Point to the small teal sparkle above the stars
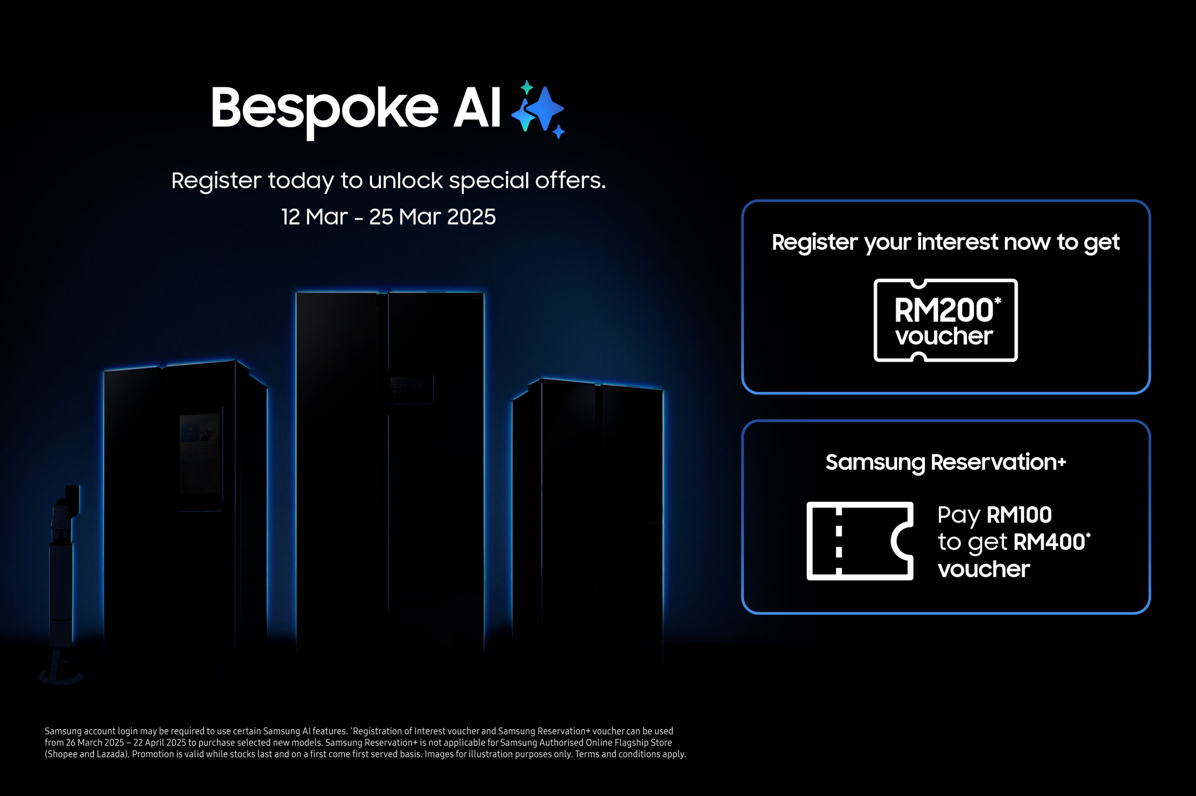pos(527,87)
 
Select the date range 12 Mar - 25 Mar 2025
pos(389,217)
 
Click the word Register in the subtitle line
pos(216,181)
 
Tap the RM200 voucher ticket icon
pos(945,320)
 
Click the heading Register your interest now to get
pos(945,243)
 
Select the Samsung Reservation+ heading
pos(945,463)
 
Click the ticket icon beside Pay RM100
pos(859,541)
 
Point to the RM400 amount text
pos(1049,542)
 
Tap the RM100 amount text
pos(1019,515)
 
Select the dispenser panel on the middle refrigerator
pos(412,389)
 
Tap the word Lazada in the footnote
pos(111,754)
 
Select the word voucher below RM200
pos(944,336)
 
